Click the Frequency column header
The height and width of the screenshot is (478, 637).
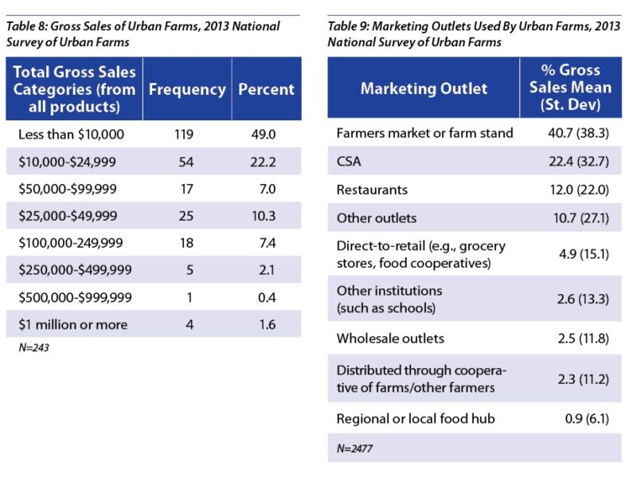[x=187, y=89]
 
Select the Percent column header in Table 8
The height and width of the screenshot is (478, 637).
[x=266, y=89]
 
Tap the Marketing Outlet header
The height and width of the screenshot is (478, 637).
[x=424, y=88]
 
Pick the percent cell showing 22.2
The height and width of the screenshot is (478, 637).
[x=266, y=162]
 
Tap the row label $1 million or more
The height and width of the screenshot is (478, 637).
[x=72, y=324]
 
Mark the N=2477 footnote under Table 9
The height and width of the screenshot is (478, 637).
[x=354, y=449]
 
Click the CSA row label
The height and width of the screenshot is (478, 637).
[x=350, y=162]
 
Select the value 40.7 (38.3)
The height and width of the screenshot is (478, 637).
[x=570, y=133]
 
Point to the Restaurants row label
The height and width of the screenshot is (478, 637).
[x=372, y=190]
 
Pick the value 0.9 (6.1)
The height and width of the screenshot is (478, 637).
[x=578, y=418]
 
